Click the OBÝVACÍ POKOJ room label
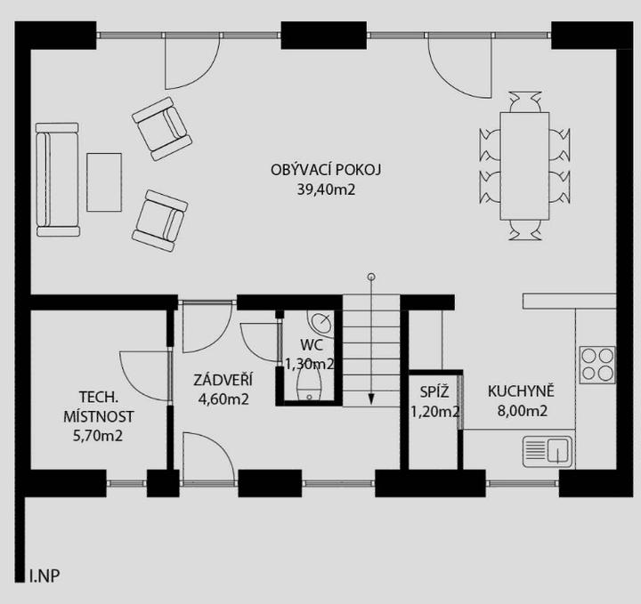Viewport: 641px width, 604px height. (x=326, y=170)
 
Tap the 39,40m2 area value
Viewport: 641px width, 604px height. (x=326, y=189)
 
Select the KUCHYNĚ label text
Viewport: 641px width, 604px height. (x=521, y=391)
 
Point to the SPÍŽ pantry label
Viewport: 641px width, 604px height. (x=434, y=392)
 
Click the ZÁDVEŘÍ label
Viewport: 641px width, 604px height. (x=223, y=379)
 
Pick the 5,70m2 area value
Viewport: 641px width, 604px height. (x=98, y=436)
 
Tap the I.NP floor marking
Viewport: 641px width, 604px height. (x=45, y=576)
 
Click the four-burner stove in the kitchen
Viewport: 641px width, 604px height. (x=597, y=365)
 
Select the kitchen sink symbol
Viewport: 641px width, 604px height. (x=548, y=451)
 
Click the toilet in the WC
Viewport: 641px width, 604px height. (x=310, y=384)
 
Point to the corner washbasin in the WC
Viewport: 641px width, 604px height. (x=320, y=323)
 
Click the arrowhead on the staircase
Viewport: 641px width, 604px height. (x=371, y=399)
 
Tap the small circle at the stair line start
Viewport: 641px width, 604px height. (x=371, y=277)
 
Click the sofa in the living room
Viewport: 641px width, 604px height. (x=57, y=180)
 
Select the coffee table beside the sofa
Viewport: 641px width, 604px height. (x=104, y=182)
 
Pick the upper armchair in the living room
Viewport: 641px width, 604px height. (x=162, y=129)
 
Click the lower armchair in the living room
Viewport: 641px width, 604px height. (x=160, y=221)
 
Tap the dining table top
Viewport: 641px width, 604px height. (x=524, y=165)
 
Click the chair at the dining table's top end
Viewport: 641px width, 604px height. (x=525, y=101)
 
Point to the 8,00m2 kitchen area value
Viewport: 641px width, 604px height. (x=522, y=411)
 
